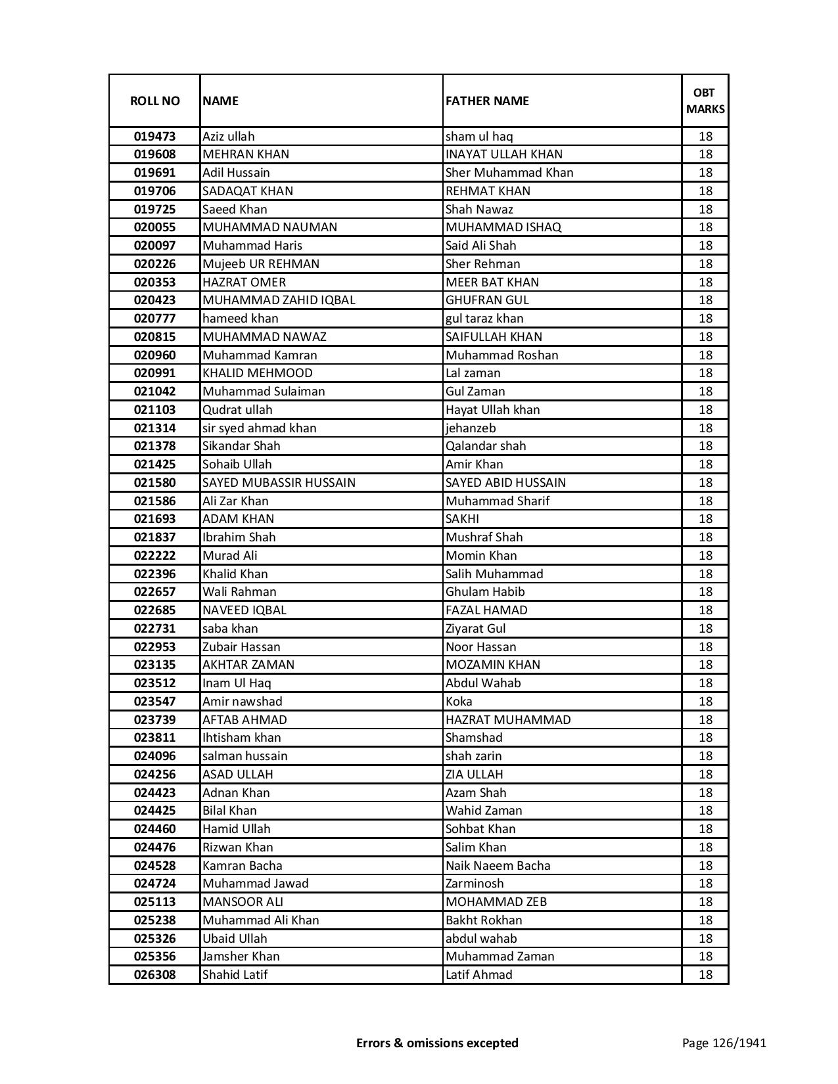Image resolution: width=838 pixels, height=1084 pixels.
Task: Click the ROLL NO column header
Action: [154, 101]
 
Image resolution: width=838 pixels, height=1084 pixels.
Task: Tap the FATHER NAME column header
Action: [487, 101]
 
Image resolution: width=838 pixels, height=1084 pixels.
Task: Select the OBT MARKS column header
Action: [705, 101]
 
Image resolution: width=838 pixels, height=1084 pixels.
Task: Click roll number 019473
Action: [154, 137]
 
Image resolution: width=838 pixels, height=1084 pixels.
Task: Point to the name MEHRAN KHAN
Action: [246, 154]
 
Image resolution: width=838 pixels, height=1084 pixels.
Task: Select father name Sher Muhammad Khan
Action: [509, 173]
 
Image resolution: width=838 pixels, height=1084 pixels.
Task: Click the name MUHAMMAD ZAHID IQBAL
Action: [279, 300]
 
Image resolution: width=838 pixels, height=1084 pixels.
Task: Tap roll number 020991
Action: [154, 373]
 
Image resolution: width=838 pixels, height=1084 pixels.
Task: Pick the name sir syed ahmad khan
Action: [260, 428]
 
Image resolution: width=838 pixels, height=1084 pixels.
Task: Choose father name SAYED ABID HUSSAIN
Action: [505, 483]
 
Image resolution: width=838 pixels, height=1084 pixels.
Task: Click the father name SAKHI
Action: [462, 519]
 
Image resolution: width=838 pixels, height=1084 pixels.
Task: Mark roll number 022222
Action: [154, 556]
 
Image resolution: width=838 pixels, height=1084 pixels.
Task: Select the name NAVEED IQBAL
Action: [244, 610]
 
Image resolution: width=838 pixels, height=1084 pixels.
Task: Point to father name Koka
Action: [459, 702]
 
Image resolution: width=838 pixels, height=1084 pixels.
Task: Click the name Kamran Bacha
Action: [243, 866]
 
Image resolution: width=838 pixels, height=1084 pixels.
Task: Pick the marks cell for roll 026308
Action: [705, 975]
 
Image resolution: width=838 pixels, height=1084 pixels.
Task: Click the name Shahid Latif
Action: [235, 975]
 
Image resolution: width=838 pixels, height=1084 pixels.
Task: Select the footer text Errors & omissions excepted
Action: [437, 1043]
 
